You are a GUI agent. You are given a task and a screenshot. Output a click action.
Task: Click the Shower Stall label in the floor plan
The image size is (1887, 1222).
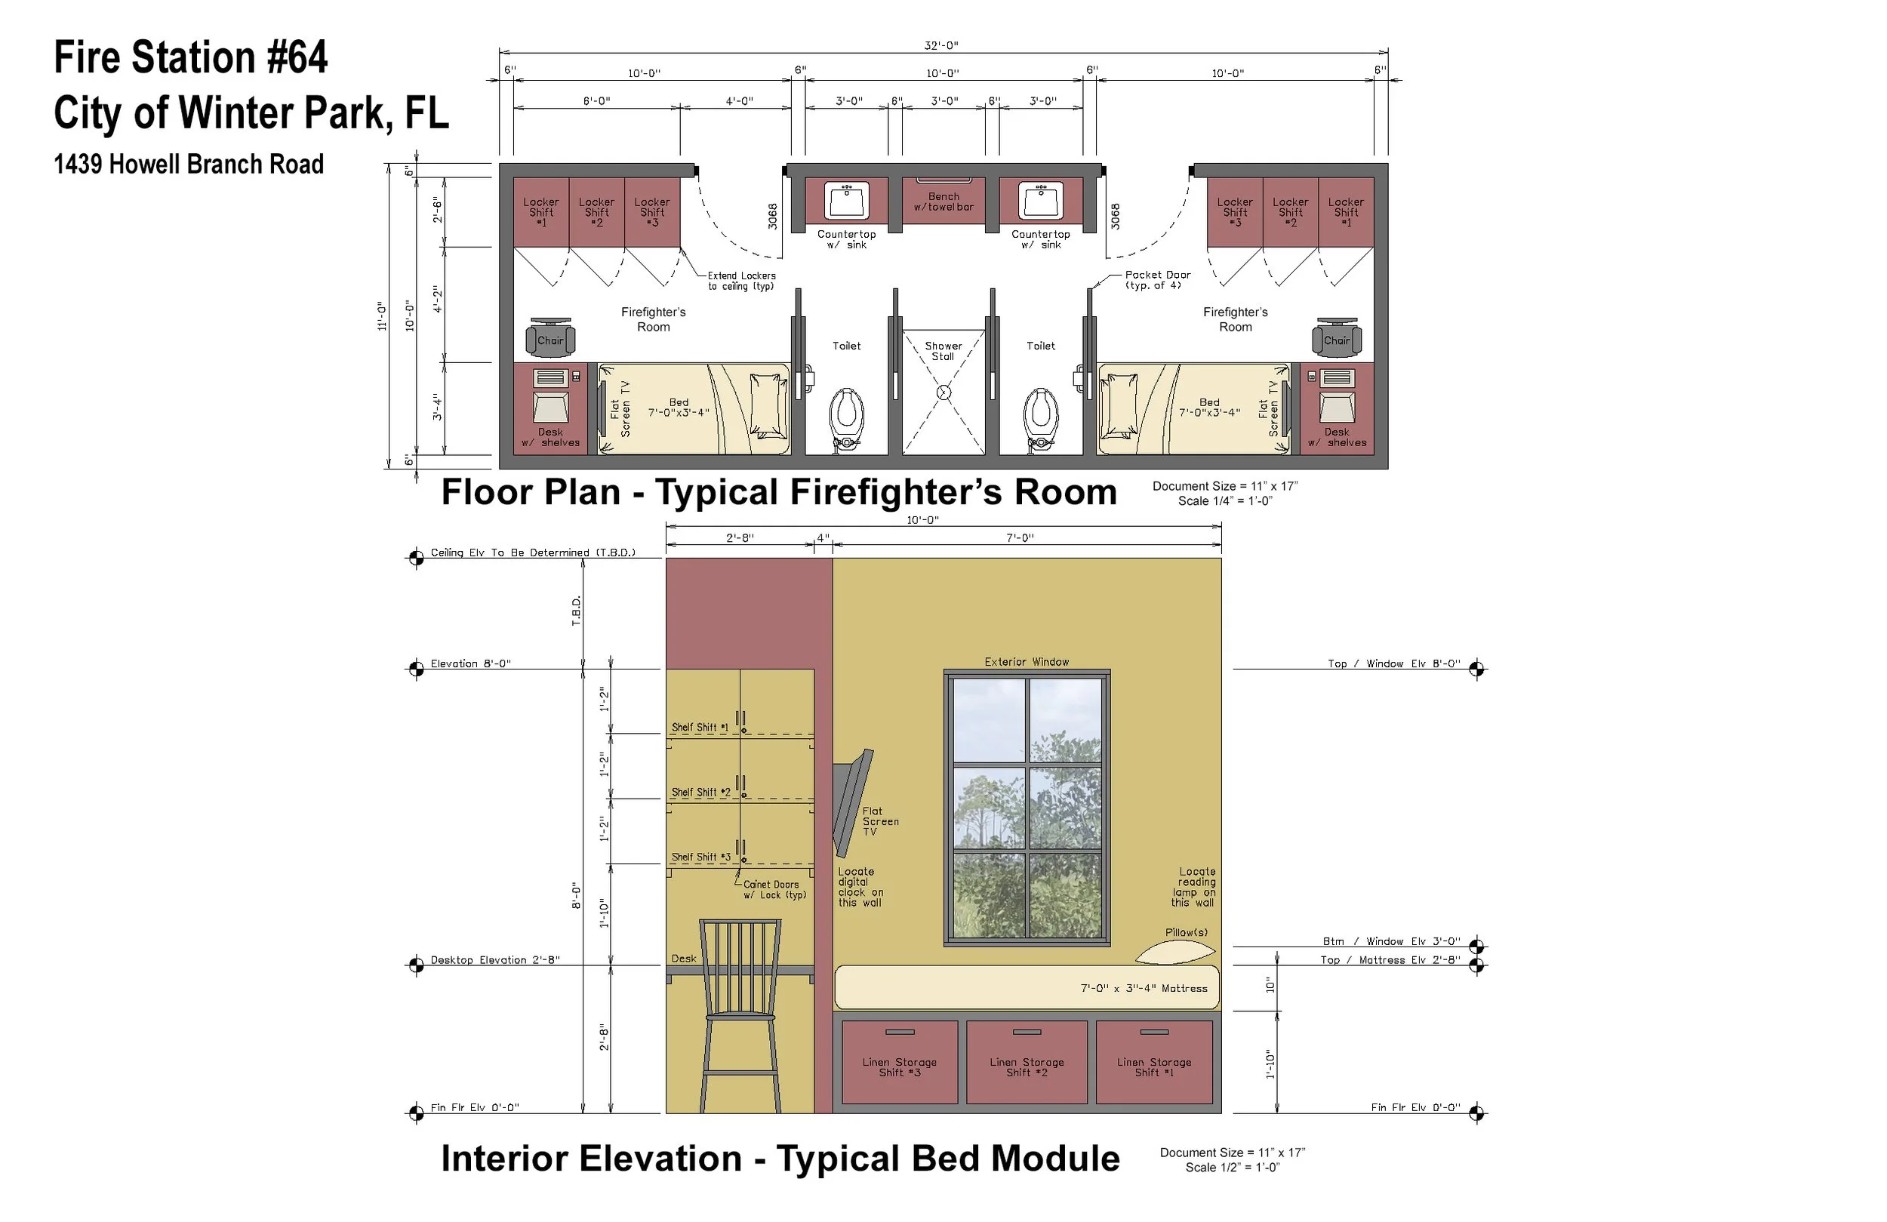pos(943,350)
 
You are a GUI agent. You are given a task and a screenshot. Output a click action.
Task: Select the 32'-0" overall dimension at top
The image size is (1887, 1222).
pos(941,45)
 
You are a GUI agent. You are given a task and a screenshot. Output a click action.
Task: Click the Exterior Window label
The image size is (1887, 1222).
pos(1026,661)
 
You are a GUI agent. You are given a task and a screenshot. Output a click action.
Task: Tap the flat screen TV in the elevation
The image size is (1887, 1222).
pos(853,801)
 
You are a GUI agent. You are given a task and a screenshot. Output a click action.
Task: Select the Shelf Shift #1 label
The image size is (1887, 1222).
pos(699,727)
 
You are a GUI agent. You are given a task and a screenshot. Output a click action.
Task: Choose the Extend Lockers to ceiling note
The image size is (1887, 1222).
pos(740,281)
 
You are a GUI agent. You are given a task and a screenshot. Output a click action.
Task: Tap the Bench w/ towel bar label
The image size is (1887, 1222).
pos(943,202)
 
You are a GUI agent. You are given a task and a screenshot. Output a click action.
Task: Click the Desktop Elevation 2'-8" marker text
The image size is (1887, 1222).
pos(494,959)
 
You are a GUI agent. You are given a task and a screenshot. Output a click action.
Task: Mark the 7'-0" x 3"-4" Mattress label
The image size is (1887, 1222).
pos(1144,988)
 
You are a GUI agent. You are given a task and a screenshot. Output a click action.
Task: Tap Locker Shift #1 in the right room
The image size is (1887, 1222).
pos(1346,212)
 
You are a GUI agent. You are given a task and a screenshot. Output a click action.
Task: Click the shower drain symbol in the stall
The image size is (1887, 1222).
pos(943,392)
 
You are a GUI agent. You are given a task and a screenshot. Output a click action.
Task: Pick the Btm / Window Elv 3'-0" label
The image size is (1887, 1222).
pos(1390,941)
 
